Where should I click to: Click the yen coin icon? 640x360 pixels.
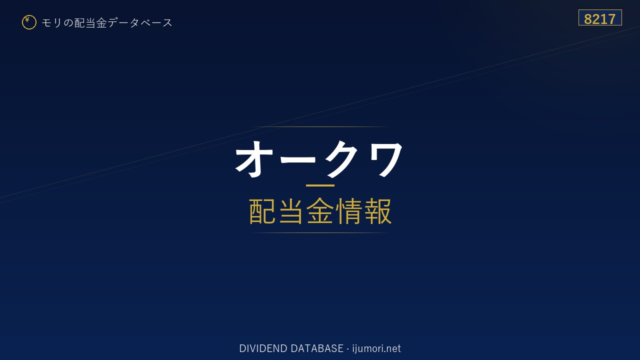coord(29,22)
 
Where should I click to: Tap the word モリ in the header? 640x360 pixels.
coord(51,23)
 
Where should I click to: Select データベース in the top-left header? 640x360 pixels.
coord(140,23)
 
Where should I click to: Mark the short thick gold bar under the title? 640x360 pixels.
coord(320,185)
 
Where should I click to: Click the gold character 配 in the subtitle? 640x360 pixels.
coord(262,211)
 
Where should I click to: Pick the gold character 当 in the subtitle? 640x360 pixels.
coord(291,211)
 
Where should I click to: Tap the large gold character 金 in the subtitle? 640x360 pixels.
coord(320,211)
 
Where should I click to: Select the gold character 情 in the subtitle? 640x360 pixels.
coord(349,211)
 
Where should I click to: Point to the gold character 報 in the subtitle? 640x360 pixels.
coord(378,211)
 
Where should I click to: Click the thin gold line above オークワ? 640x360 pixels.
coord(320,126)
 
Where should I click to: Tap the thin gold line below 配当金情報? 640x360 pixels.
coord(320,233)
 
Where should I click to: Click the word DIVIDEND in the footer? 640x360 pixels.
coord(263,348)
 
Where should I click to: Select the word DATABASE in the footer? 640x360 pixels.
coord(317,348)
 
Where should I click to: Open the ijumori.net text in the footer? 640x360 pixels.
coord(376,349)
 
